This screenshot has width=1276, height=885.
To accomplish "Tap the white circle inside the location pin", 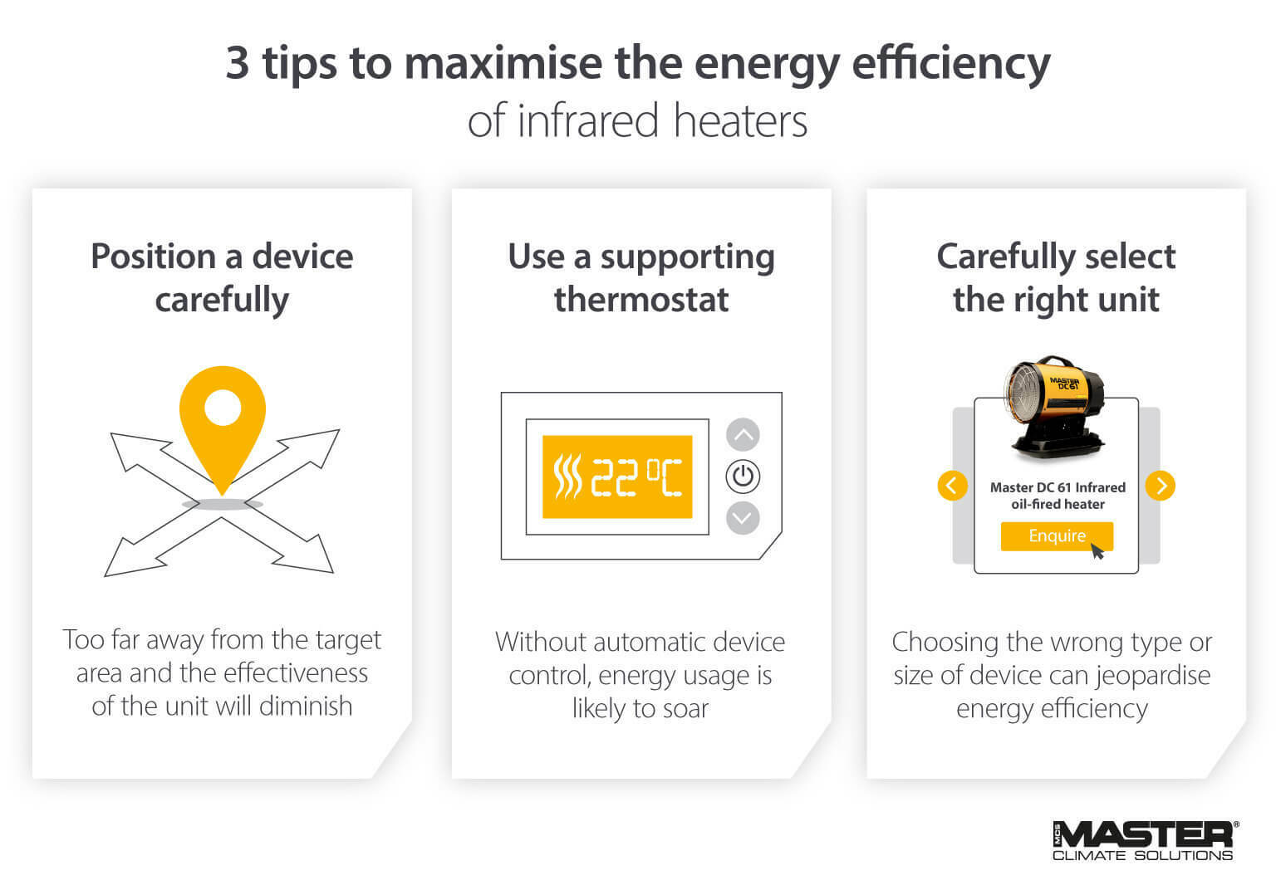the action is (x=222, y=408).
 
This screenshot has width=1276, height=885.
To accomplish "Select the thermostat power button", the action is (x=743, y=477).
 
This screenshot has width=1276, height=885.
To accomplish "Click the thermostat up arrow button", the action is (x=743, y=434).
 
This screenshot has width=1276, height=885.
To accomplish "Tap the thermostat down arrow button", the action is (x=743, y=519).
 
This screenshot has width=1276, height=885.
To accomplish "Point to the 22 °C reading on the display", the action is (x=636, y=477).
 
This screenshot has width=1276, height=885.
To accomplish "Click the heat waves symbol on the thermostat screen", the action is (x=567, y=477).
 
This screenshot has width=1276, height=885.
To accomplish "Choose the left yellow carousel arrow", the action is (x=952, y=485).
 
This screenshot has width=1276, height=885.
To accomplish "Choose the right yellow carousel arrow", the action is (x=1161, y=485).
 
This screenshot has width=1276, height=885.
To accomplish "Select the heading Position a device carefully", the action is (x=222, y=277).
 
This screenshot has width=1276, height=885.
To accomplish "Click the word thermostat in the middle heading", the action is (x=641, y=300).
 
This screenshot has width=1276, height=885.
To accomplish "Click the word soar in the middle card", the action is (x=685, y=708).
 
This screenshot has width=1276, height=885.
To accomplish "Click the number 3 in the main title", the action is (x=238, y=63).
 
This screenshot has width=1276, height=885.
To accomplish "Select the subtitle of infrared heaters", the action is (x=637, y=120).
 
